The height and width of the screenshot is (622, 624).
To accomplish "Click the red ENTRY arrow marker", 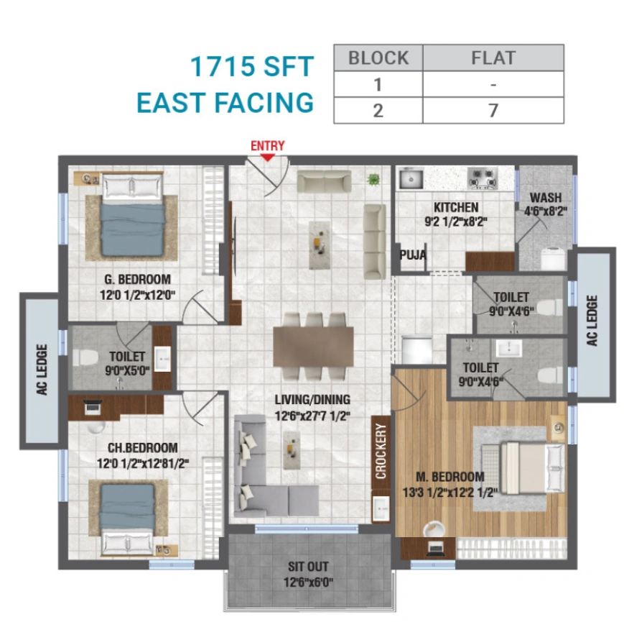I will tap(267, 156).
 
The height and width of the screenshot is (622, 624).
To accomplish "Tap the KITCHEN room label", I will tap(451, 208).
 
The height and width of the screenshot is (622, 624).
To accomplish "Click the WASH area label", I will tap(546, 198).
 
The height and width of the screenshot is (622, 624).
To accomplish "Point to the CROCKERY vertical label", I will tap(381, 451).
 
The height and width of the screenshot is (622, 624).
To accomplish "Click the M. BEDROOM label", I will tap(450, 477).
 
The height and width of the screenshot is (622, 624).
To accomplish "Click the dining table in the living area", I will tap(313, 347).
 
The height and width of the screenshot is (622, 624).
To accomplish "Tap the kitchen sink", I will tap(411, 178).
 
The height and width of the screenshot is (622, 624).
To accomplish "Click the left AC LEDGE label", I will tap(42, 370).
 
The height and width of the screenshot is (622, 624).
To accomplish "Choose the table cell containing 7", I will tap(493, 110).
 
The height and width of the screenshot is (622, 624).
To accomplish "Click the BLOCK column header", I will tap(378, 58).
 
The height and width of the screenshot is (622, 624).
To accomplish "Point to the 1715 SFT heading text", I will tap(251, 67).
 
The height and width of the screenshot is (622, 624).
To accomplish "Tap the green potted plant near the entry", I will tap(373, 180).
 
